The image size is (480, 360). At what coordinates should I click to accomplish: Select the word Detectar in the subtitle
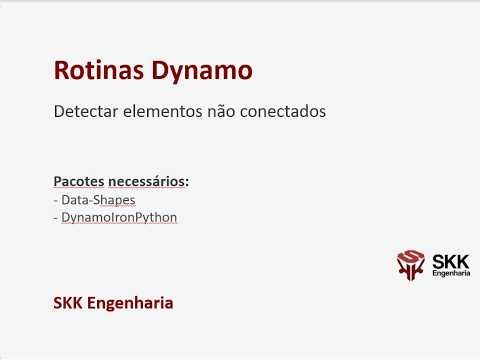click(84, 113)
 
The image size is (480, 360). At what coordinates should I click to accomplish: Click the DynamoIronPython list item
click(119, 216)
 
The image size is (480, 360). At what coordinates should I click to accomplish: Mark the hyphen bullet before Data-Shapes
click(56, 200)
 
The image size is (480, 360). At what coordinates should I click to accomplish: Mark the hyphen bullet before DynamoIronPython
click(56, 216)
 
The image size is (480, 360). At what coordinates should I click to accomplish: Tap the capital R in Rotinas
click(61, 71)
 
